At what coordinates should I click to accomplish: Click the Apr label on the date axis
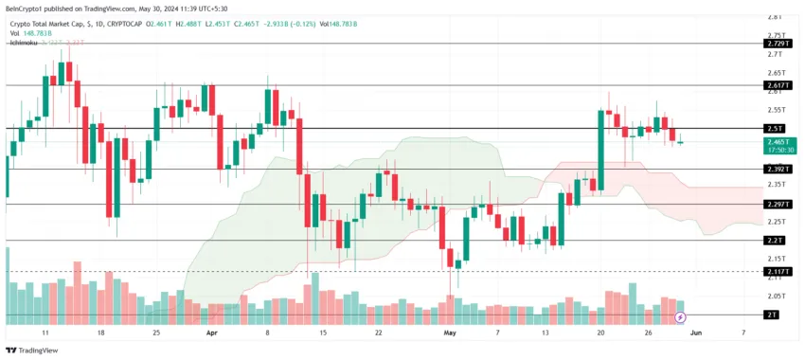212,333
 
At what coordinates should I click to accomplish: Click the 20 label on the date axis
600,333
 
